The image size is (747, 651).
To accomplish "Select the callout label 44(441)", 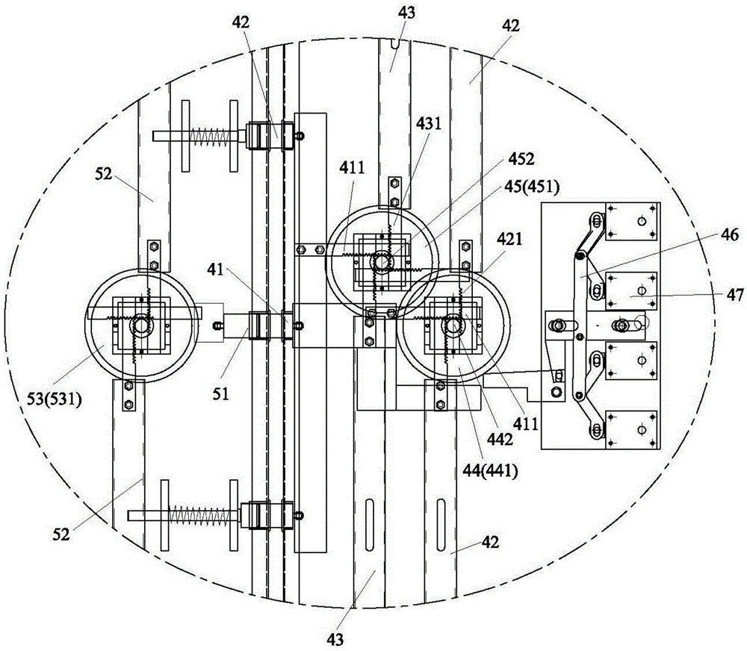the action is (x=490, y=472).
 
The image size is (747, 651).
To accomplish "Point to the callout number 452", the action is (x=521, y=159).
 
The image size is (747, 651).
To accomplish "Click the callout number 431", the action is (x=429, y=124).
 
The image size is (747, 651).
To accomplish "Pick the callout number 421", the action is (x=509, y=238).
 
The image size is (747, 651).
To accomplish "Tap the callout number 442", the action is (x=500, y=439).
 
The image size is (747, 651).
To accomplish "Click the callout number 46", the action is (x=729, y=234).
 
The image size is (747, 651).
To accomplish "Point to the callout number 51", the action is (x=220, y=393).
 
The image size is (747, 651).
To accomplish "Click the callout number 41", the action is (x=215, y=270).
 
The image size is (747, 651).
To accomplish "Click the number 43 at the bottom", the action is (x=335, y=640).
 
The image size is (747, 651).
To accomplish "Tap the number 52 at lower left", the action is (x=61, y=535).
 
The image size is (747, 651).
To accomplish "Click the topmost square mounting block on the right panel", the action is (x=630, y=222).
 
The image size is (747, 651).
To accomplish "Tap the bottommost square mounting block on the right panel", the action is (x=630, y=429).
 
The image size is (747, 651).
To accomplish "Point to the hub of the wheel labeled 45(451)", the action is (x=382, y=262).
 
